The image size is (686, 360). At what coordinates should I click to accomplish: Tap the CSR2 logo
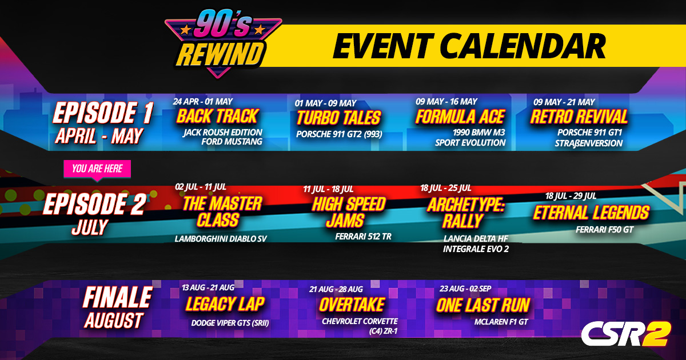pyautogui.click(x=625, y=334)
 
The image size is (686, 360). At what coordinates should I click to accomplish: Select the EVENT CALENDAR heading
pyautogui.click(x=468, y=46)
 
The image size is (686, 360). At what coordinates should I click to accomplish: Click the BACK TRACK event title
pyautogui.click(x=217, y=117)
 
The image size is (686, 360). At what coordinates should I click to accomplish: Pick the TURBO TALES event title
pyautogui.click(x=338, y=118)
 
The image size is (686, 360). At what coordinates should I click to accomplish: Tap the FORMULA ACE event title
pyautogui.click(x=460, y=117)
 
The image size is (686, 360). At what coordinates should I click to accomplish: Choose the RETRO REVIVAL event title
pyautogui.click(x=579, y=117)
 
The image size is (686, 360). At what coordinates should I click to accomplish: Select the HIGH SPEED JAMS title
pyautogui.click(x=349, y=212)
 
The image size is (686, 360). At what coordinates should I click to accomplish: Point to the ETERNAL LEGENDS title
pyautogui.click(x=591, y=213)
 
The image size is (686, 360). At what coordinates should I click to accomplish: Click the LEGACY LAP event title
pyautogui.click(x=225, y=304)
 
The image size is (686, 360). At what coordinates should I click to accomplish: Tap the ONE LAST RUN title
pyautogui.click(x=482, y=305)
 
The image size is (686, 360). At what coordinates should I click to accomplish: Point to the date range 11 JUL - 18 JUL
pyautogui.click(x=328, y=189)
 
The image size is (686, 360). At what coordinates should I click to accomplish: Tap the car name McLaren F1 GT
pyautogui.click(x=501, y=322)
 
